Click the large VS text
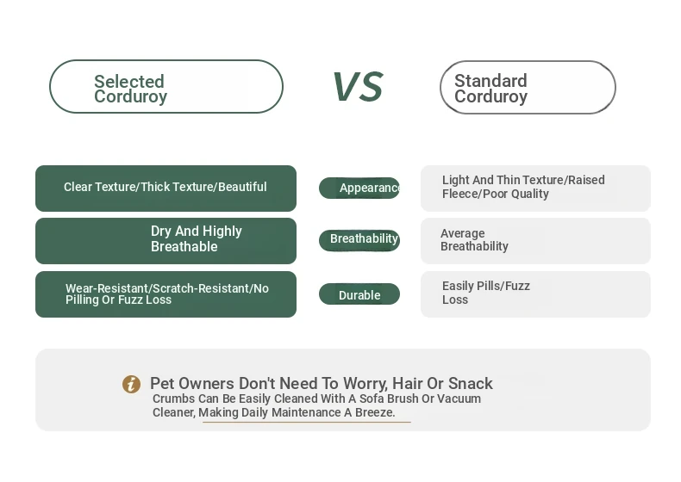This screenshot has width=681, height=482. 358,87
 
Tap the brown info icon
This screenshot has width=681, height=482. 131,385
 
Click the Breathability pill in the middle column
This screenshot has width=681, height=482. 359,240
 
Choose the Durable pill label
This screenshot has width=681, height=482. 359,294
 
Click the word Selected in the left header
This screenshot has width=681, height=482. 129,81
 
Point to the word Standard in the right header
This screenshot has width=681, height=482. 490,81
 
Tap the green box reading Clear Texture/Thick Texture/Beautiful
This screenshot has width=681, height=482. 166,188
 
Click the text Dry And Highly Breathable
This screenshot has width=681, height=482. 197,238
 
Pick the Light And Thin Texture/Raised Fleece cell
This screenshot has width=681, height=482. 535,188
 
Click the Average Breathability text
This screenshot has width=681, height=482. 474,239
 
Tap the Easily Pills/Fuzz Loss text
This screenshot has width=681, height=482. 486,293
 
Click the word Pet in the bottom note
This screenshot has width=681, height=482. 161,384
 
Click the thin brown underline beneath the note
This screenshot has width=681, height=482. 307,422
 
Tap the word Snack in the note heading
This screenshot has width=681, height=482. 471,384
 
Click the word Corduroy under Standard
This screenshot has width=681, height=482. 490,96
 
